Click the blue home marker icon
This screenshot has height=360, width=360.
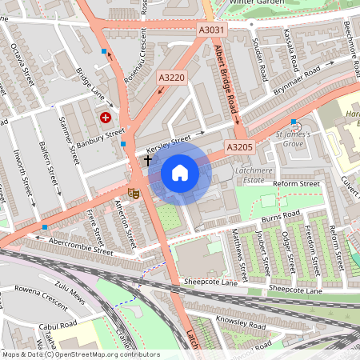180,173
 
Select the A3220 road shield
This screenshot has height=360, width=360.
171,78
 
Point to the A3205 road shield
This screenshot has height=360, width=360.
239,147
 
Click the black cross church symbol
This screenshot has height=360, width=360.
147,161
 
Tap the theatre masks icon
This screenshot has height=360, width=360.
134,193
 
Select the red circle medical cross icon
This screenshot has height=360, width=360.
105,118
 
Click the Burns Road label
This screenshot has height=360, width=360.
280,216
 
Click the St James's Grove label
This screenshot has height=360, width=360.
294,140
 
